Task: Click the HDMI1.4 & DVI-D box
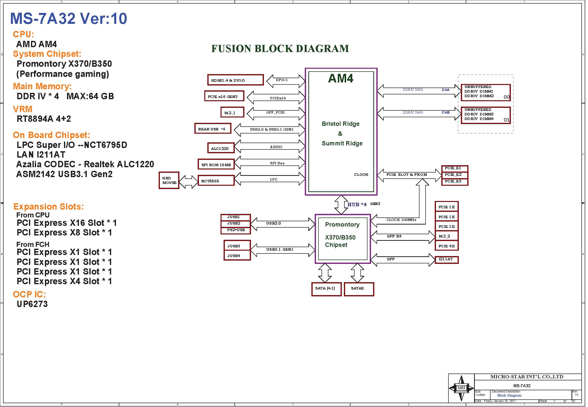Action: [x=235, y=80]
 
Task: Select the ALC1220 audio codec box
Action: [x=221, y=148]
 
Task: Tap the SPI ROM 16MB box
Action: [x=216, y=164]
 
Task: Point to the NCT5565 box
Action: [x=216, y=181]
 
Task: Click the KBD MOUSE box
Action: [x=169, y=180]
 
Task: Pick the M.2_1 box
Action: [x=232, y=112]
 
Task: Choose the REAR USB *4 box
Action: [x=213, y=129]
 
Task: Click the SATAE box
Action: [x=359, y=289]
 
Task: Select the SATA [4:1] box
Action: [x=326, y=289]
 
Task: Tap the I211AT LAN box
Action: [x=446, y=260]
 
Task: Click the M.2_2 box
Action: [x=446, y=236]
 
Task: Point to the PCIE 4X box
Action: [x=446, y=246]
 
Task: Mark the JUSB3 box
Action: [x=237, y=246]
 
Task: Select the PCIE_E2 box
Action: [x=455, y=175]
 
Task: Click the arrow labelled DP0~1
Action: [x=285, y=81]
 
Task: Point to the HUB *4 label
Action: [x=357, y=205]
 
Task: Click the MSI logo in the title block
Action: [x=461, y=388]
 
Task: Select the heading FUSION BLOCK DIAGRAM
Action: [x=280, y=48]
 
